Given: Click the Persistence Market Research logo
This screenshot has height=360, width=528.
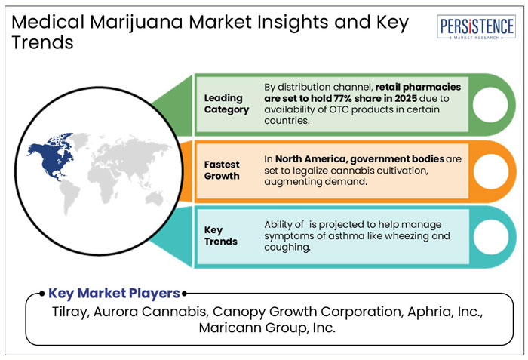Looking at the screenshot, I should [477, 26].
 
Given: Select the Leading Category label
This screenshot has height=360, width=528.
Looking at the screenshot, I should [226, 104].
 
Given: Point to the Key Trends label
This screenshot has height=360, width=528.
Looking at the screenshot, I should [221, 235].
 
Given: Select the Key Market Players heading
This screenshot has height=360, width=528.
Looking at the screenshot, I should [114, 293].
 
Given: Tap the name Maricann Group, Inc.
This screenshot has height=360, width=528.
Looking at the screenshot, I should [263, 329].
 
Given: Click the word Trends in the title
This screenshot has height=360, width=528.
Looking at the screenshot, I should [42, 42].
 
